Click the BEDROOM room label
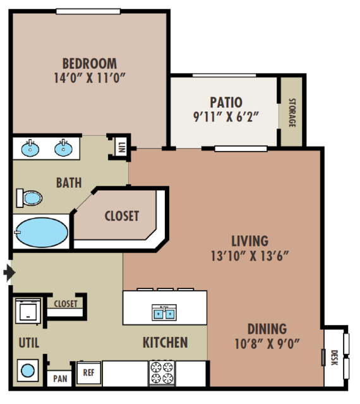click(x=90, y=64)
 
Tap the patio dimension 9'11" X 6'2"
click(x=225, y=117)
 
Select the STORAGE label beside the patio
click(x=292, y=113)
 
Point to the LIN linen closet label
click(x=122, y=148)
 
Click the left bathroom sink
click(x=30, y=149)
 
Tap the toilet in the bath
click(x=29, y=198)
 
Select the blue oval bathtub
click(x=42, y=233)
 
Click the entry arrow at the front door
click(x=9, y=272)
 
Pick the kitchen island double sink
click(x=164, y=312)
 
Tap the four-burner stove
click(x=162, y=374)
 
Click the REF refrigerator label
click(x=88, y=372)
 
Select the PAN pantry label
click(x=60, y=379)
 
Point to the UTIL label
click(x=29, y=343)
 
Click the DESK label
click(x=334, y=358)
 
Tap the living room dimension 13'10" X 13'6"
click(x=249, y=256)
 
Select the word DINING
click(x=267, y=329)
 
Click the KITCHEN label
click(x=165, y=343)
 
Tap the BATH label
click(x=69, y=183)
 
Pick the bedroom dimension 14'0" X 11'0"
click(x=90, y=78)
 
